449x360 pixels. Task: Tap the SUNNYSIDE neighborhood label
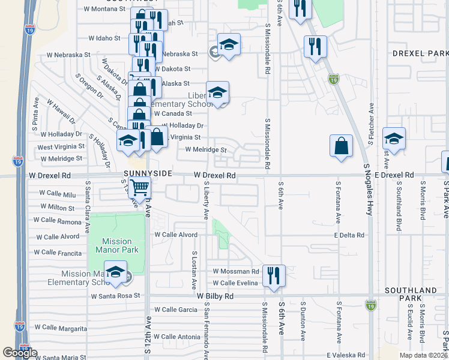(x=148, y=173)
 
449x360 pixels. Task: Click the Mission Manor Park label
(x=116, y=246)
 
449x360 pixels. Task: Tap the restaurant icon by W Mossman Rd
(x=273, y=276)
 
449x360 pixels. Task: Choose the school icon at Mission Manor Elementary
(x=116, y=271)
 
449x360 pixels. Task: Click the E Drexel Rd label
(x=394, y=175)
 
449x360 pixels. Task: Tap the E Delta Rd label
(x=349, y=236)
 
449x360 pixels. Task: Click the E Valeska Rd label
(x=345, y=355)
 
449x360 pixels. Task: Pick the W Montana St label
(x=104, y=10)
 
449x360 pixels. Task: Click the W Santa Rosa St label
(x=115, y=296)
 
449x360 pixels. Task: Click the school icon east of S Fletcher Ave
(x=394, y=139)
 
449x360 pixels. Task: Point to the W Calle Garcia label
(x=175, y=310)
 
